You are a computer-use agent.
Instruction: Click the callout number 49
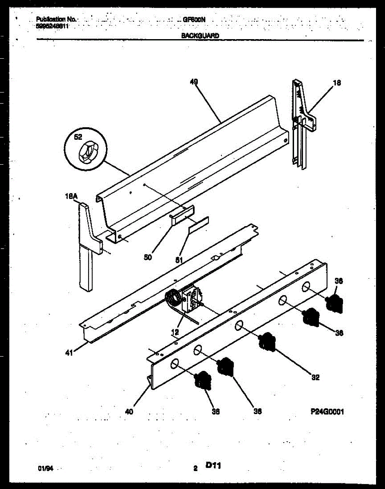pos(194,82)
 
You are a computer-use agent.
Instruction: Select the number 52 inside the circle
pos(78,138)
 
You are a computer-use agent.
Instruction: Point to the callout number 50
pos(148,257)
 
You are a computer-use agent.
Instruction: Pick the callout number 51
pos(178,260)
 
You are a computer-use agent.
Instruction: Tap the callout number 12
pos(175,333)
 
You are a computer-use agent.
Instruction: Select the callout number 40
pos(129,412)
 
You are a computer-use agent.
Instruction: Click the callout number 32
pos(315,377)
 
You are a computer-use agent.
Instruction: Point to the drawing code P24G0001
pos(326,412)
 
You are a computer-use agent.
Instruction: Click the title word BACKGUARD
pos(200,35)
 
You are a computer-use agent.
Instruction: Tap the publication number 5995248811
pos(52,25)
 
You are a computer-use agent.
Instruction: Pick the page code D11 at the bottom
pos(213,465)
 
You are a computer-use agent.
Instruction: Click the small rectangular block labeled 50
pos(182,215)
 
